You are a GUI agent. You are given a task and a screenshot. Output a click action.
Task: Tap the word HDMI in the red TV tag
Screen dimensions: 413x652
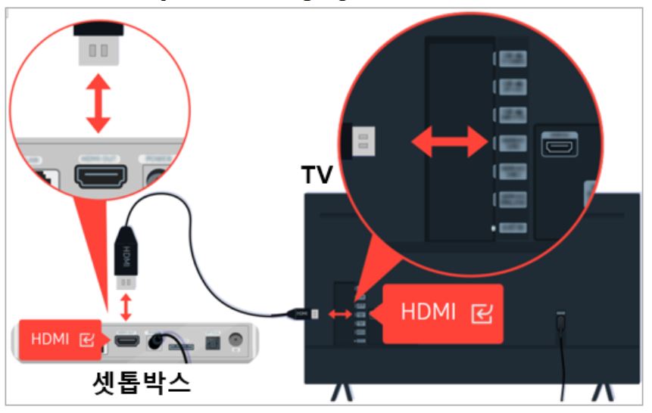pos(428,312)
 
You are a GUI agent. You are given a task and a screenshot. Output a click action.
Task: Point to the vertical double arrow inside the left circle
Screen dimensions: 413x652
pos(98,102)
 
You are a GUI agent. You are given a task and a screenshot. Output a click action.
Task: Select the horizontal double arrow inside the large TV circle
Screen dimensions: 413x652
pos(447,141)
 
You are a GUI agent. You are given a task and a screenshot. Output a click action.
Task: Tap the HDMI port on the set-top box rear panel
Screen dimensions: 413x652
pos(126,340)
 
